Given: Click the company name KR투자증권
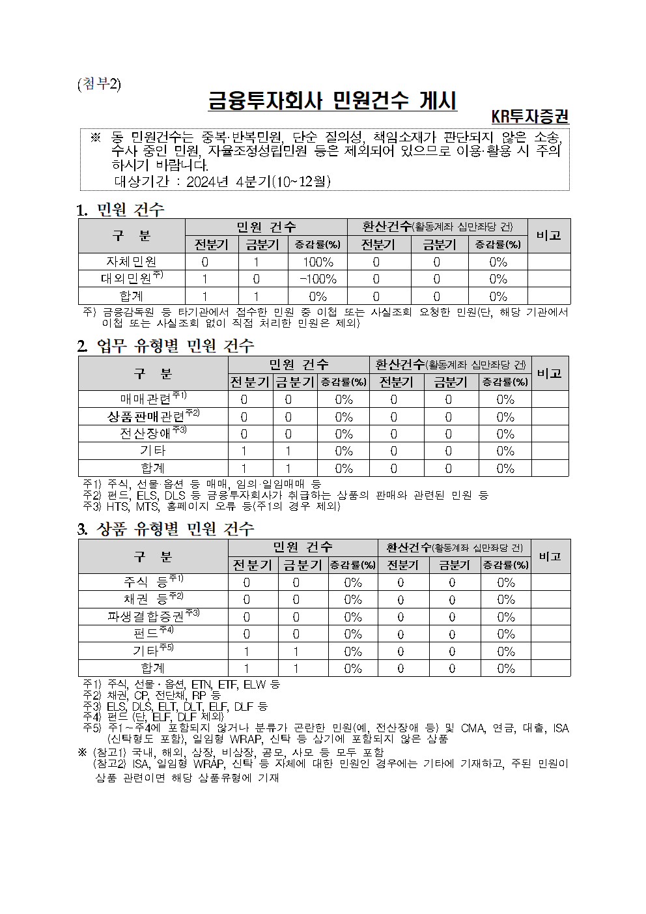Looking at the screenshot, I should click(x=529, y=117).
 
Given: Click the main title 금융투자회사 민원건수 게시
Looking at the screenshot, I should click(x=332, y=101).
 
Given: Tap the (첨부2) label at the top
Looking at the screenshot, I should click(x=99, y=85).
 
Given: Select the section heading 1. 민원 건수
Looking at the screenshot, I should click(x=120, y=210).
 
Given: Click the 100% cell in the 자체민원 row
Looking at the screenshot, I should click(x=318, y=262).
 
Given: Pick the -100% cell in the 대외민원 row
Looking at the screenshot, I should click(x=318, y=279).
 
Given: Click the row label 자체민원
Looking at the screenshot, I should click(x=132, y=262).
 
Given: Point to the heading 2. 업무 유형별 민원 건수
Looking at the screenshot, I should click(x=165, y=346).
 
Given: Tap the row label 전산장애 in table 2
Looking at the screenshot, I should click(x=145, y=434).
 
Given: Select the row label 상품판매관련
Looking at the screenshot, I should click(x=146, y=417).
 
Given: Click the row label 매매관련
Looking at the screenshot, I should click(x=145, y=399).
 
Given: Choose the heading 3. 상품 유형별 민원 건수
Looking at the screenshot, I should click(x=165, y=529).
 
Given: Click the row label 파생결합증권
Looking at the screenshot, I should click(x=146, y=616).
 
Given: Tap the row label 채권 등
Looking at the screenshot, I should click(x=146, y=599).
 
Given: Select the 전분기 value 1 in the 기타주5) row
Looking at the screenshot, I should click(x=246, y=651).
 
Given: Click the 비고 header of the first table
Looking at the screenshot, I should click(x=548, y=236).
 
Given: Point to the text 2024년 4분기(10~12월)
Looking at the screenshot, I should click(x=259, y=182).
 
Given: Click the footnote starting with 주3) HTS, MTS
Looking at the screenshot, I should click(x=212, y=506).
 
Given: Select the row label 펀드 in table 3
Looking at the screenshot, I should click(x=146, y=634).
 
